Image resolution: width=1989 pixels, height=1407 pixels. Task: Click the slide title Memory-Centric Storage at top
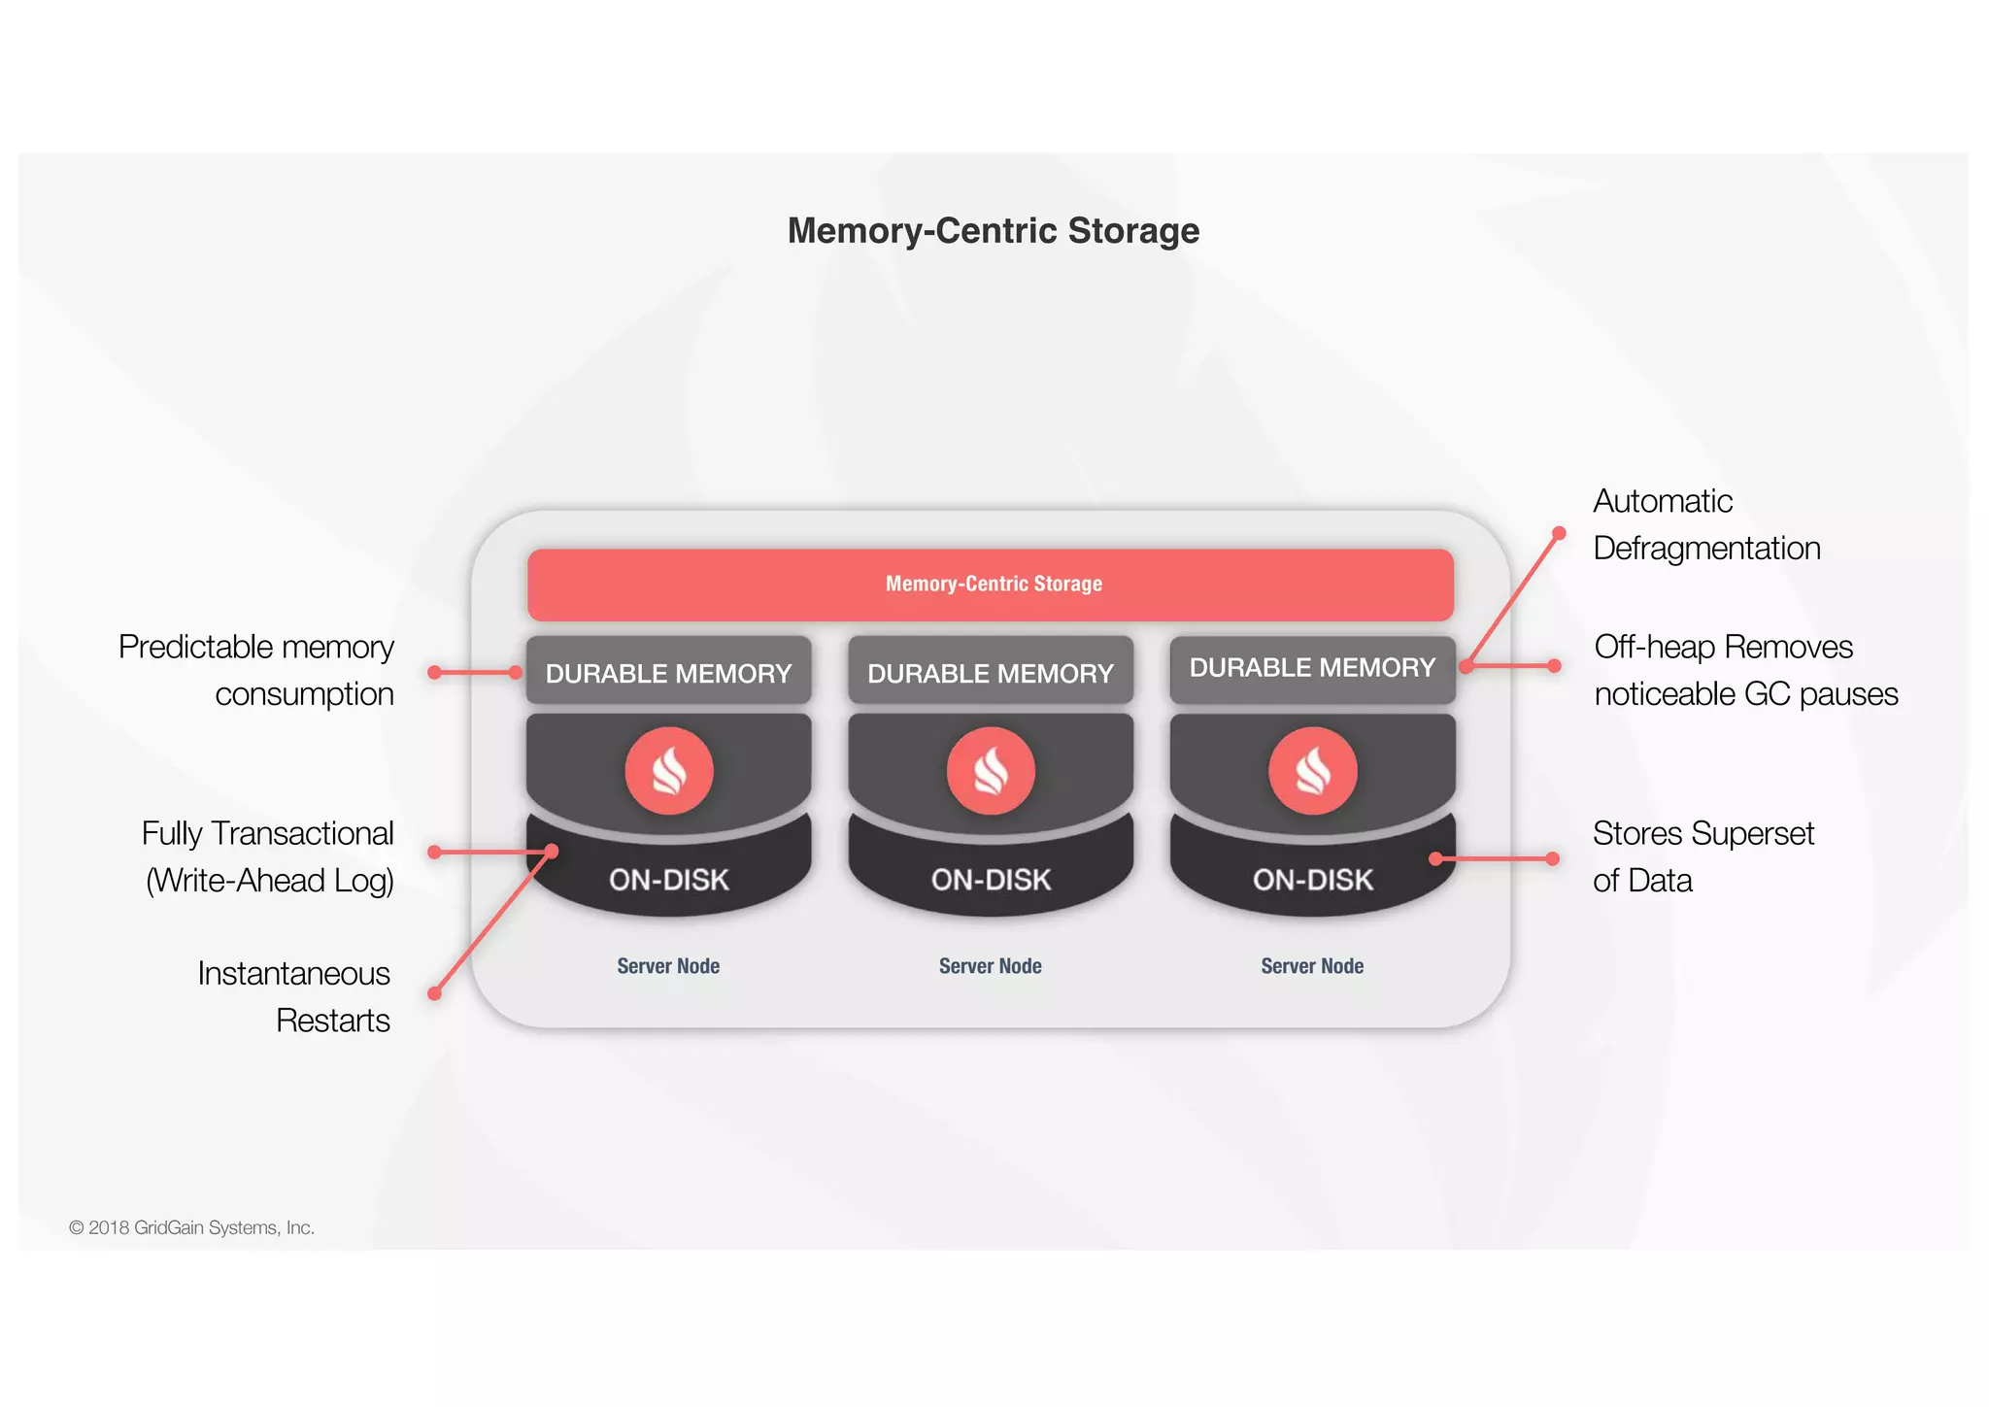click(x=993, y=231)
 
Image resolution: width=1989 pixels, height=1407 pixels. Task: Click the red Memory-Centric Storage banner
click(x=991, y=585)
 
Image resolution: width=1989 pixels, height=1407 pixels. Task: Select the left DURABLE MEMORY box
click(x=668, y=672)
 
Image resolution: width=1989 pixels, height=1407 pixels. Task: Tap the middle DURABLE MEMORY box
click(x=990, y=672)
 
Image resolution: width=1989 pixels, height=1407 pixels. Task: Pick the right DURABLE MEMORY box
click(x=1311, y=668)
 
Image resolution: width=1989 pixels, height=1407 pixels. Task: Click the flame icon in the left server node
click(x=668, y=771)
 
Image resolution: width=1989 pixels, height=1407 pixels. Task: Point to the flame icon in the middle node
click(x=991, y=771)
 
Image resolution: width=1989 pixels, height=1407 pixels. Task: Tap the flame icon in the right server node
click(x=1312, y=771)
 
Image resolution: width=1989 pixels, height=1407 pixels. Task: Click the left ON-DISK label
click(x=668, y=880)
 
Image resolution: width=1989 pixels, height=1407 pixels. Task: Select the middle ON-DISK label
click(x=991, y=880)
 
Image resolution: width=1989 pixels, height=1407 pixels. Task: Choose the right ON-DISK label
click(x=1312, y=880)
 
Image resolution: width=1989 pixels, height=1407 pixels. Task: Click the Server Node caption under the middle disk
click(x=990, y=966)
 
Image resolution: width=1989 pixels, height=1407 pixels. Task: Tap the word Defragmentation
click(x=1706, y=549)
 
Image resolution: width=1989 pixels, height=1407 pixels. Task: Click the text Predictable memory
click(x=255, y=648)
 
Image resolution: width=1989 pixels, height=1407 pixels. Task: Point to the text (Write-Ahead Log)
click(x=269, y=881)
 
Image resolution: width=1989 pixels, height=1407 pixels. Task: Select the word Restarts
click(x=332, y=1021)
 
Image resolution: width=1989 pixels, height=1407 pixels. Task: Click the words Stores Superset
click(x=1702, y=834)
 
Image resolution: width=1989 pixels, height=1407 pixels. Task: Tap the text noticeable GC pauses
click(x=1745, y=694)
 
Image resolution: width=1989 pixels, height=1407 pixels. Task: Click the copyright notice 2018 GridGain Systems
click(x=191, y=1227)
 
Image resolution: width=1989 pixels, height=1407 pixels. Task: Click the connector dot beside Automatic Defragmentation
click(x=1559, y=533)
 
